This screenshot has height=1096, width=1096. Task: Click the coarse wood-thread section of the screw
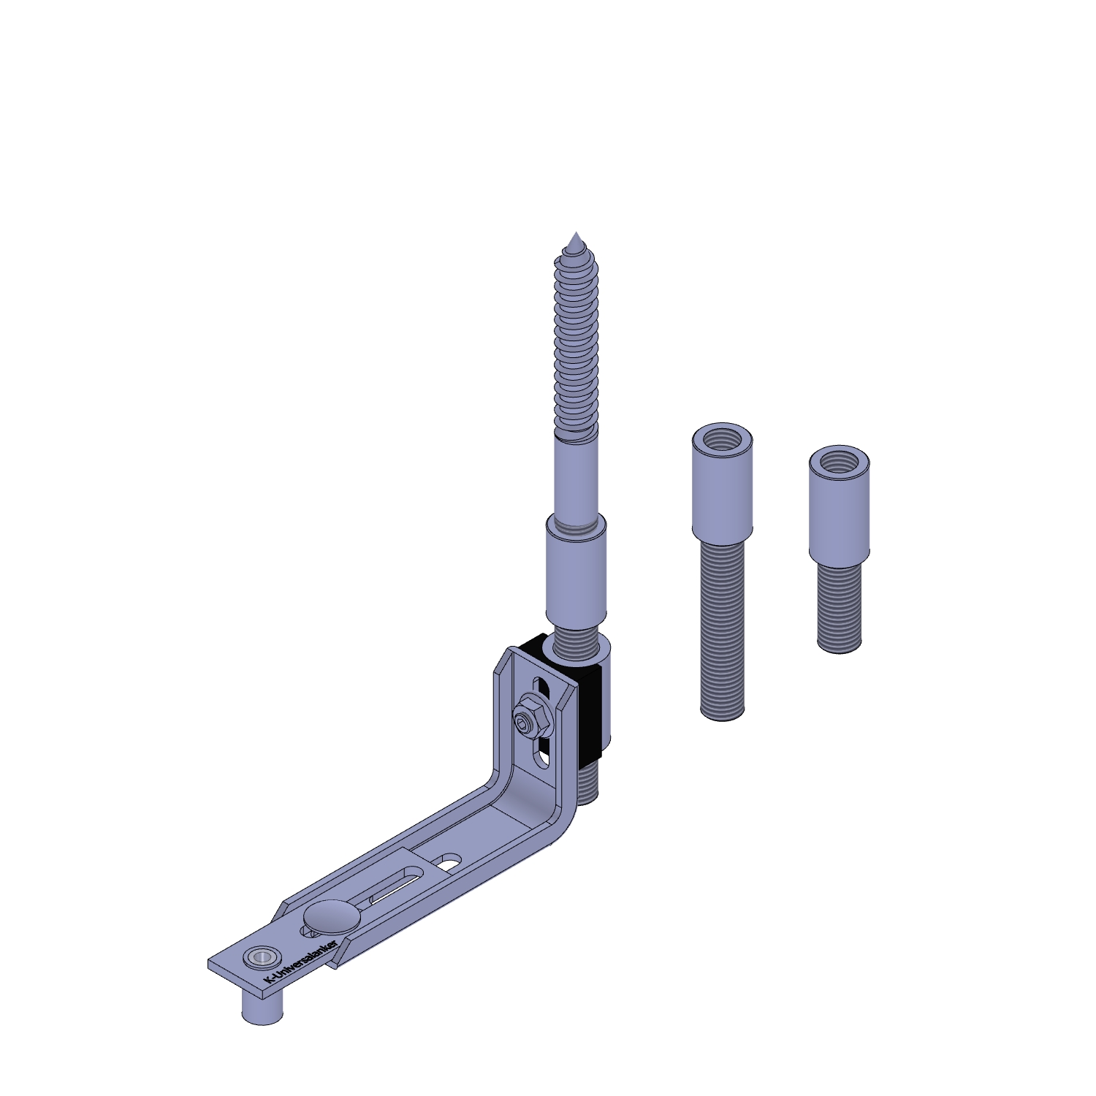pyautogui.click(x=576, y=343)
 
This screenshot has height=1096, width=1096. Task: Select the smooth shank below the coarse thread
pyautogui.click(x=576, y=475)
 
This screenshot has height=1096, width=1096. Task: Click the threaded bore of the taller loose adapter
pyautogui.click(x=722, y=440)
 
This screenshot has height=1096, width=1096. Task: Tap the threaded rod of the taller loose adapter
pyautogui.click(x=722, y=628)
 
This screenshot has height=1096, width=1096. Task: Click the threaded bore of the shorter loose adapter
pyautogui.click(x=839, y=462)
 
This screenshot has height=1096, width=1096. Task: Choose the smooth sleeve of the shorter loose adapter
pyautogui.click(x=839, y=511)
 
